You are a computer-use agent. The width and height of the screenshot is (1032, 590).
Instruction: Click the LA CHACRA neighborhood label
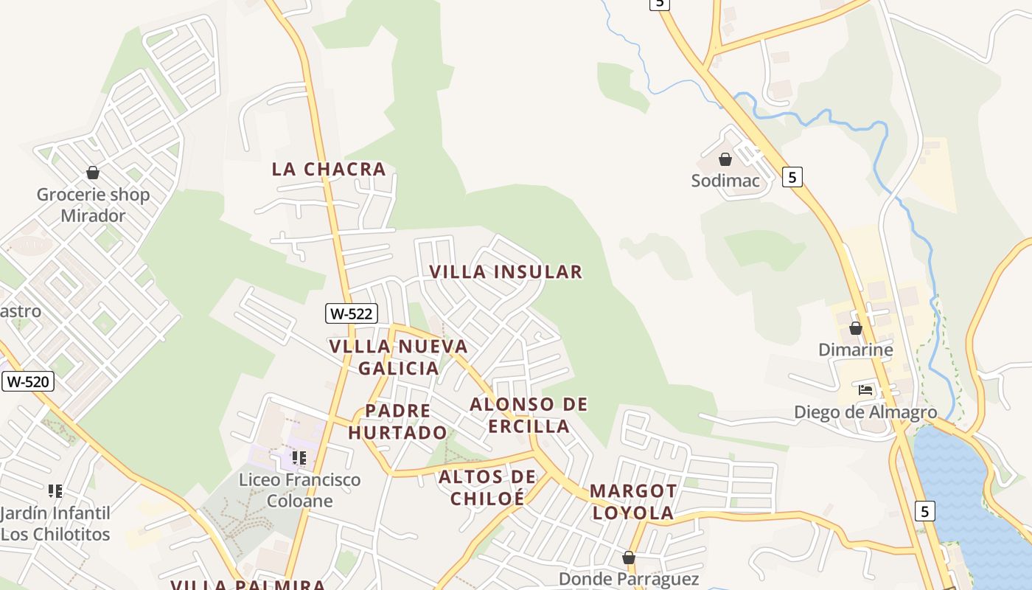coord(329,169)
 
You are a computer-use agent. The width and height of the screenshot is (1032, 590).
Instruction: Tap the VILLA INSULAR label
coord(506,271)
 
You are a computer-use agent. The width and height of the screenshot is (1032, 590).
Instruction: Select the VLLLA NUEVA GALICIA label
coord(399,357)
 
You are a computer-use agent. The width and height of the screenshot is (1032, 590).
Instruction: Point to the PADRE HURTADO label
coord(398,422)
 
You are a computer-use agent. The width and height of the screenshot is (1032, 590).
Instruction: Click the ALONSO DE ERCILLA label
coord(529,415)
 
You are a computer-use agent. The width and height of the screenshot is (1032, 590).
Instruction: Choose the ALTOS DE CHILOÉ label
coord(487,487)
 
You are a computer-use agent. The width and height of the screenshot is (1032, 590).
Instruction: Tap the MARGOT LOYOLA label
coord(632,502)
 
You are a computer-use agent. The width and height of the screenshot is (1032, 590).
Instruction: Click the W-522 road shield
coord(352,313)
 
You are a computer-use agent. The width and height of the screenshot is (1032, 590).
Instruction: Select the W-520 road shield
coord(28,381)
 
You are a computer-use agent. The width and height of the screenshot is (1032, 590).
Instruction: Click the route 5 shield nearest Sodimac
coord(792,177)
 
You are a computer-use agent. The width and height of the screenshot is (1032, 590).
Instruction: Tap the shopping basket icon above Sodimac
coord(725,159)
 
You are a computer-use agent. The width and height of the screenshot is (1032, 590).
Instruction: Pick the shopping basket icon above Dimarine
coord(856,328)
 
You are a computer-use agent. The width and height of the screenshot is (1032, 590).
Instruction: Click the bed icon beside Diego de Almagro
coord(865,389)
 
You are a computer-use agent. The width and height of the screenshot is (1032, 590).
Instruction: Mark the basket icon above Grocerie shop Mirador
coord(93,173)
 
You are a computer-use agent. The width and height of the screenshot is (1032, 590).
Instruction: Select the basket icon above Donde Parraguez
coord(629,558)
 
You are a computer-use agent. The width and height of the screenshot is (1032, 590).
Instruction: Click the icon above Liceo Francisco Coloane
coord(299,458)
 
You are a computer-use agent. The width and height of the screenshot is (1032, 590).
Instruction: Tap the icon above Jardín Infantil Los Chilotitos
coord(55,490)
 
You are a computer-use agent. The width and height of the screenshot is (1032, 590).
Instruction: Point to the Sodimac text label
coord(725,181)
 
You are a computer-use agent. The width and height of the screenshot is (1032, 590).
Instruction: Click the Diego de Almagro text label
coord(865,412)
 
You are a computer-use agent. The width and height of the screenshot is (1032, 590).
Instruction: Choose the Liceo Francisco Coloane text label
coord(299,490)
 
